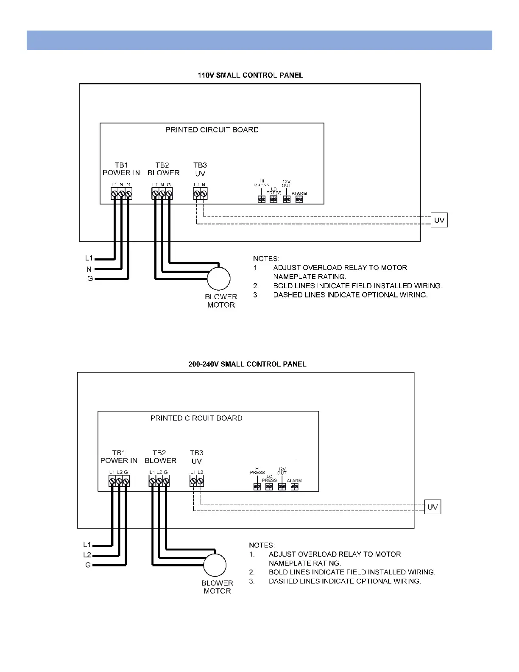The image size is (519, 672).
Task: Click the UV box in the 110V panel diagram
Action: pyautogui.click(x=439, y=220)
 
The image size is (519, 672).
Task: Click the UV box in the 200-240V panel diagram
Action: pyautogui.click(x=432, y=507)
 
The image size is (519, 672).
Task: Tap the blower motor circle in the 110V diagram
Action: pyautogui.click(x=218, y=279)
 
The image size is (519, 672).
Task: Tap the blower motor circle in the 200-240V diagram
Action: pyautogui.click(x=215, y=565)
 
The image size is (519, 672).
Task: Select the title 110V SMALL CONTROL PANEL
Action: pyautogui.click(x=250, y=76)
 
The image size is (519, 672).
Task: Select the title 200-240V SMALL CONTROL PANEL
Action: pyautogui.click(x=247, y=364)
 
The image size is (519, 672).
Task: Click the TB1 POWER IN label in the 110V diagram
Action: pyautogui.click(x=121, y=169)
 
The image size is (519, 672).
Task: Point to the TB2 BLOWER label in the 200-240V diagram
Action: pyautogui.click(x=160, y=456)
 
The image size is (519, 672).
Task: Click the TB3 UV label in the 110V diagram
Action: pyautogui.click(x=200, y=169)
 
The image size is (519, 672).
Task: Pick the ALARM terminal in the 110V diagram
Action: pyautogui.click(x=299, y=199)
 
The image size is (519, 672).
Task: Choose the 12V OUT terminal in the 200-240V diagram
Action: pyautogui.click(x=282, y=487)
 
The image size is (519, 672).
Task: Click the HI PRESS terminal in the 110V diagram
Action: pyautogui.click(x=262, y=199)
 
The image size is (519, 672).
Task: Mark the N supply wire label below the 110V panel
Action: pyautogui.click(x=89, y=269)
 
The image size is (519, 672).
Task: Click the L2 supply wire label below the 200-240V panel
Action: pyautogui.click(x=87, y=555)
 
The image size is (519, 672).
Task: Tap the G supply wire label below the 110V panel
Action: pyautogui.click(x=90, y=279)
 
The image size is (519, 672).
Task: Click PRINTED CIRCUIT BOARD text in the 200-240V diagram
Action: pyautogui.click(x=196, y=418)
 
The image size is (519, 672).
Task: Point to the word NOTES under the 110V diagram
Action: pyautogui.click(x=266, y=258)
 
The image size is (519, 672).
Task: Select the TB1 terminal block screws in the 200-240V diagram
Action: pyautogui.click(x=119, y=481)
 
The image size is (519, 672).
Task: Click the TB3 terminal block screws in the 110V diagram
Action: pyautogui.click(x=200, y=194)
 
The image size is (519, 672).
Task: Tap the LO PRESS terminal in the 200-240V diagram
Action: pyautogui.click(x=269, y=487)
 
